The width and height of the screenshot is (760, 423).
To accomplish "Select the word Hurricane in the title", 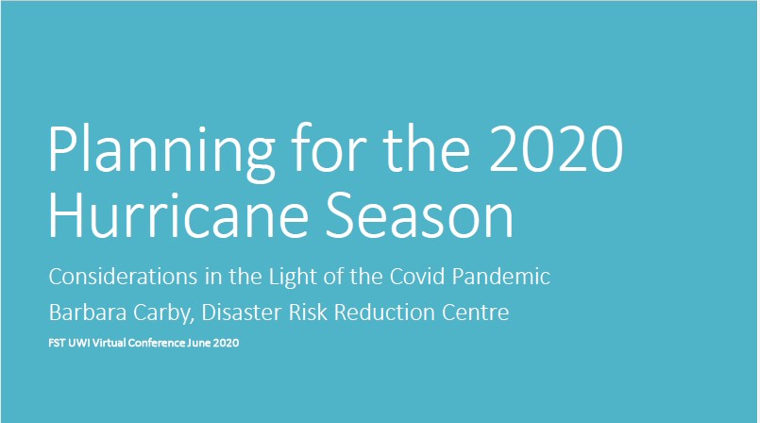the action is point(178,213).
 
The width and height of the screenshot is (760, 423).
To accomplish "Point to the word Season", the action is point(419,213).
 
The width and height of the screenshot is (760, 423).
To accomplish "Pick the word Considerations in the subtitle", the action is point(123,277).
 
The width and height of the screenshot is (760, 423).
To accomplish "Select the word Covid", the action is point(417,277).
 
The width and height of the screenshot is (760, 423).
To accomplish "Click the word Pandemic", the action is point(500,277).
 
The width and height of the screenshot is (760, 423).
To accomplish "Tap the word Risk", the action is point(309,312).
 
